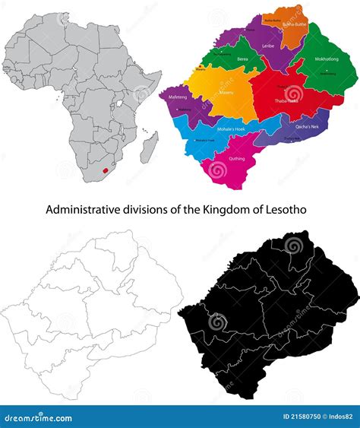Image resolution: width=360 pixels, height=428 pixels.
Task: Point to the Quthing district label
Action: pyautogui.click(x=236, y=159)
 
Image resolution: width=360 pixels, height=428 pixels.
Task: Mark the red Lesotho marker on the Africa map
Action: pyautogui.click(x=105, y=170)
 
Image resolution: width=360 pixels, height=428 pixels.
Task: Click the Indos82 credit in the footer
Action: pyautogui.click(x=339, y=417)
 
